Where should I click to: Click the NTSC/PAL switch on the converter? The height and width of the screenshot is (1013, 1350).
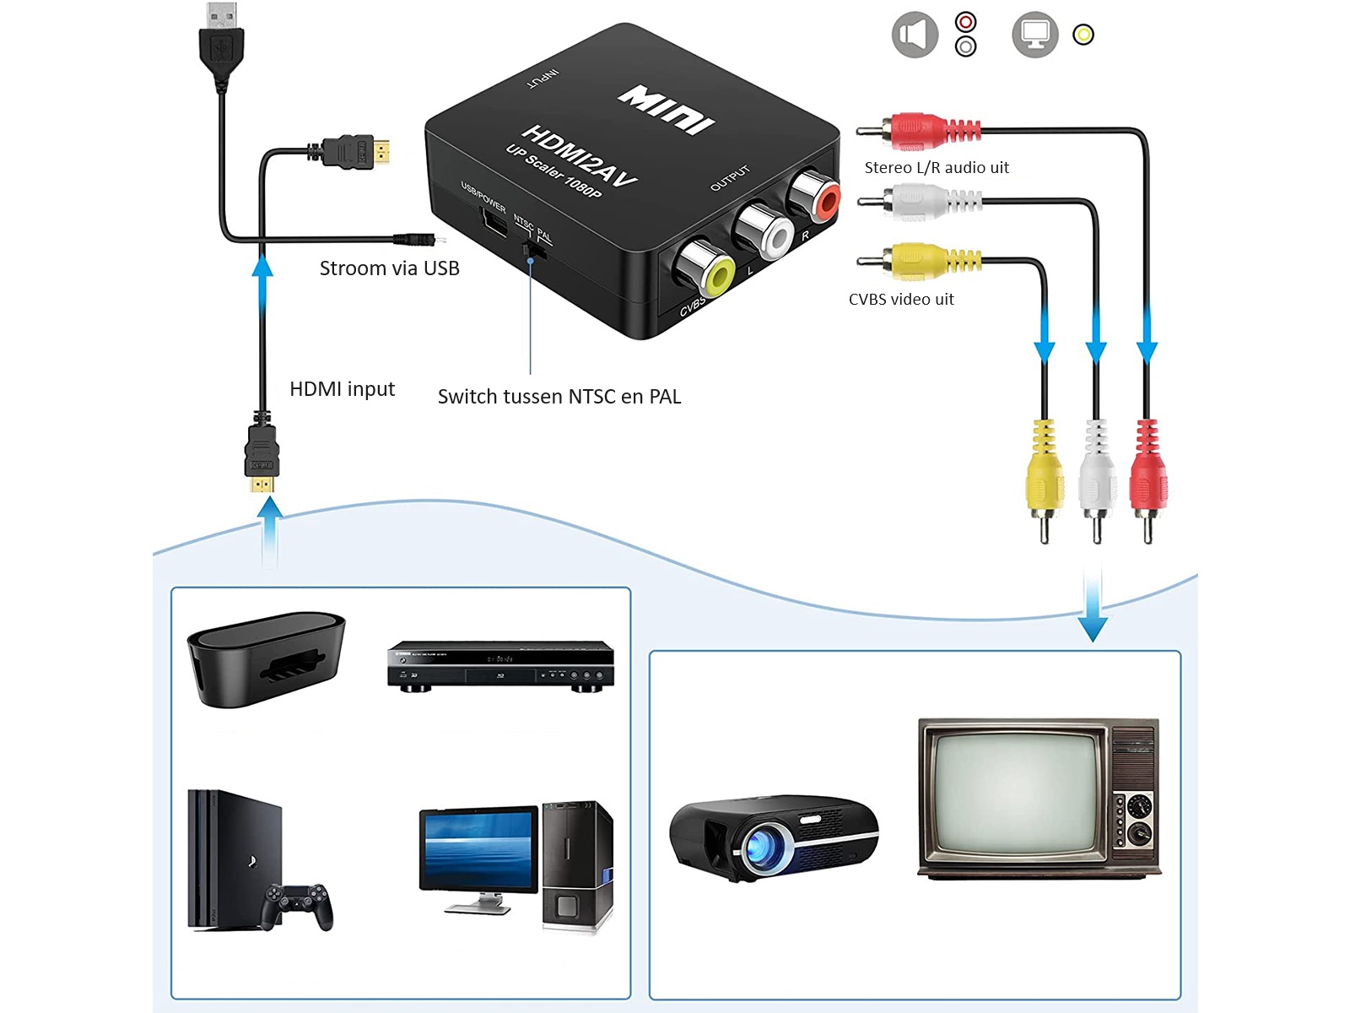click(x=532, y=249)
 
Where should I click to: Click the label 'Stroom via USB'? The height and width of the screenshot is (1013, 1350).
click(x=389, y=268)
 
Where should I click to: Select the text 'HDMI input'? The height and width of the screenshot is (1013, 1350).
click(x=342, y=389)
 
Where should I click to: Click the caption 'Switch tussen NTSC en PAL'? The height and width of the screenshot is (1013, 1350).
click(x=559, y=397)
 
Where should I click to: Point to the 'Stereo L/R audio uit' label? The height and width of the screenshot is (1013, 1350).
click(x=937, y=167)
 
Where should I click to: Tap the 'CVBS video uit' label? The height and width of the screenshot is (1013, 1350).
click(x=901, y=299)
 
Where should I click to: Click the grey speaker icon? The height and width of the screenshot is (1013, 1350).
click(x=915, y=35)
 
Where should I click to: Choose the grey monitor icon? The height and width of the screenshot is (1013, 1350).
click(x=1034, y=35)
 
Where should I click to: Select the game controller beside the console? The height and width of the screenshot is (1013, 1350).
click(x=296, y=903)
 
